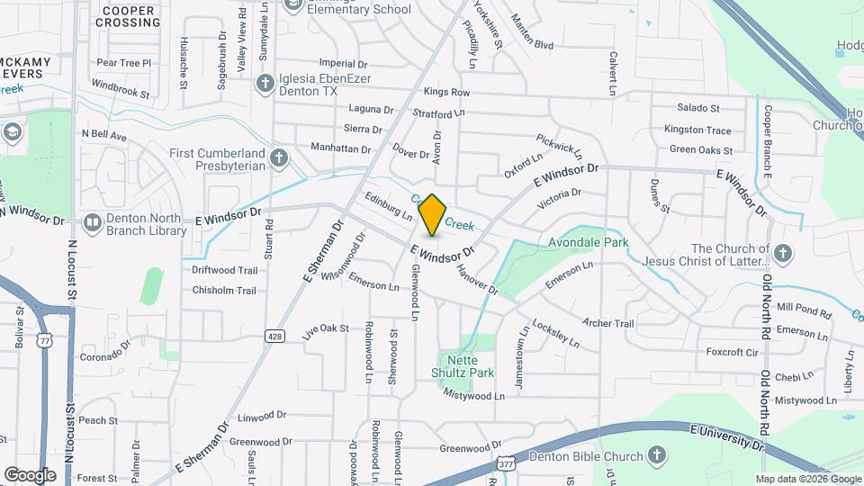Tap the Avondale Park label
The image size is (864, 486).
click(x=589, y=243)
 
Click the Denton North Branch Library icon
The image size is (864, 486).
click(x=92, y=222)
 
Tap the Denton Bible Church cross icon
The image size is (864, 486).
click(x=658, y=455)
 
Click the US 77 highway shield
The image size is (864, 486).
click(x=44, y=340)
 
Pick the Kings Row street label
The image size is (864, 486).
click(x=446, y=93)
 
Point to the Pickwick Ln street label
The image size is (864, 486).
click(x=559, y=142)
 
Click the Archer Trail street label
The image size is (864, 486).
click(x=608, y=323)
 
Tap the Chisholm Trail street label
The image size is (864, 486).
click(x=224, y=291)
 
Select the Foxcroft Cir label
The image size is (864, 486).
click(x=733, y=352)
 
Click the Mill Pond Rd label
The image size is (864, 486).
click(x=804, y=311)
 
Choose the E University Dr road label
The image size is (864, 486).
click(x=727, y=437)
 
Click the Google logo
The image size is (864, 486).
click(x=30, y=475)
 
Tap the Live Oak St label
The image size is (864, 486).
click(x=325, y=329)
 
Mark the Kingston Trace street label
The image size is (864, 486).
click(x=697, y=130)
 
